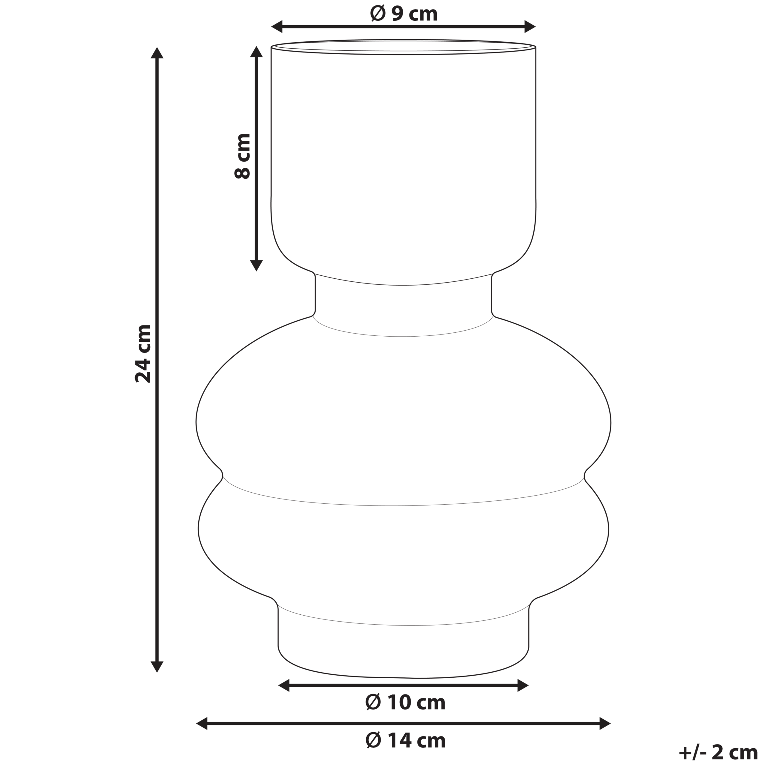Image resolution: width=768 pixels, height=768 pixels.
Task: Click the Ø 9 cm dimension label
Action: pos(403,14)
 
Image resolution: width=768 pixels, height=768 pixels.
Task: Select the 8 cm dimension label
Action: pos(242,156)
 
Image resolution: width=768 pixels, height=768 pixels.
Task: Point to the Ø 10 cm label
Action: pos(405,702)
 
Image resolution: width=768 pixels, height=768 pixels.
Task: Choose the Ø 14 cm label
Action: pos(405,741)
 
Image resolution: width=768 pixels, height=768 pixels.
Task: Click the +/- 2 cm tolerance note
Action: pos(718,752)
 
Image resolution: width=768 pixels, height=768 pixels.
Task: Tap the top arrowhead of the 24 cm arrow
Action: pos(157,53)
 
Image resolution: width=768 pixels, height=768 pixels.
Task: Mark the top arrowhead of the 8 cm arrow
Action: pos(256,52)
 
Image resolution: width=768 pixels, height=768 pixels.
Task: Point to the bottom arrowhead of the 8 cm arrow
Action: pos(256,265)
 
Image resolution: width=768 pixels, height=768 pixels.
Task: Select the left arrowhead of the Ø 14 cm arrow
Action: pos(202,724)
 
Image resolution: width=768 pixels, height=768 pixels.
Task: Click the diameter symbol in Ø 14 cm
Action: pos(373,741)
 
